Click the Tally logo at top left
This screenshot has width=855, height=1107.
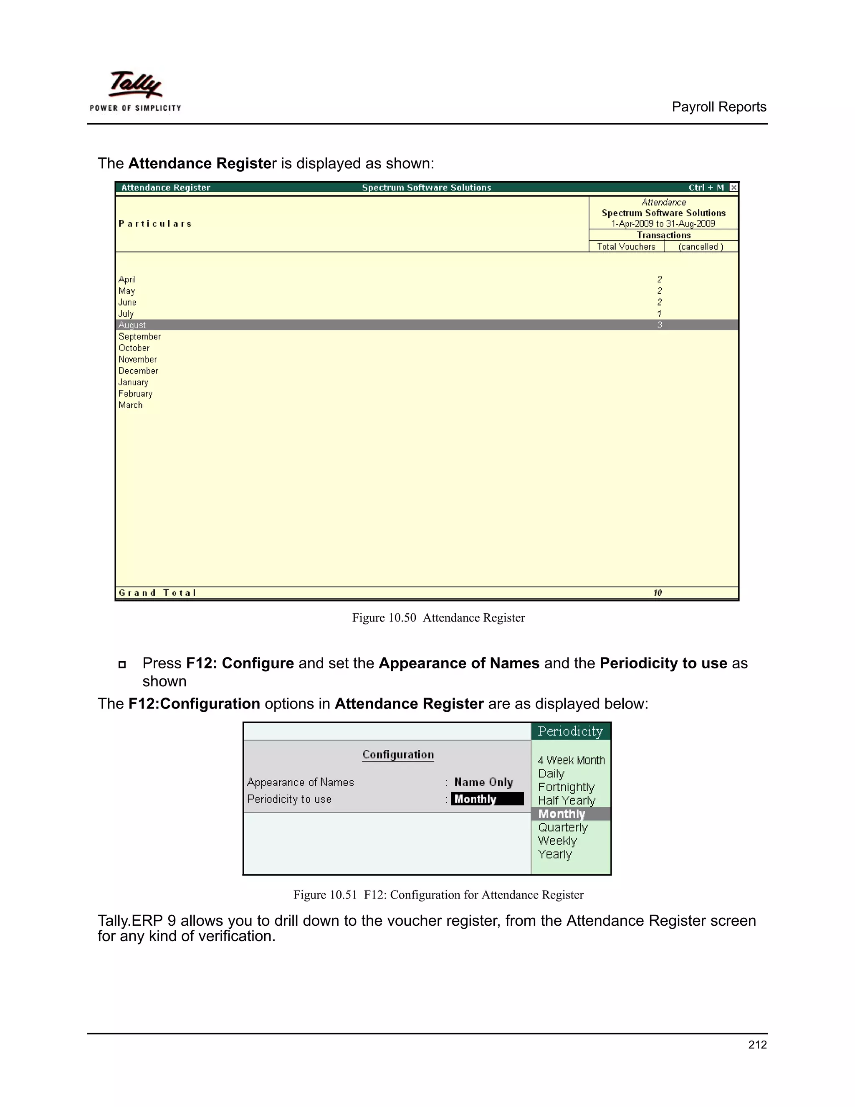click(135, 91)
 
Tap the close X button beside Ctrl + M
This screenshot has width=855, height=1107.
click(733, 188)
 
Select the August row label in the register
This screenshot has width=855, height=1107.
click(132, 325)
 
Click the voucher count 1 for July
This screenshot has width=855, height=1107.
click(659, 314)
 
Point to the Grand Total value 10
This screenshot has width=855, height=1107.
click(657, 592)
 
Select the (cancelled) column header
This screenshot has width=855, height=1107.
click(701, 246)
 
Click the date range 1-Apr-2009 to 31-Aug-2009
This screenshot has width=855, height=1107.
click(663, 223)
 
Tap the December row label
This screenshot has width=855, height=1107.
click(138, 371)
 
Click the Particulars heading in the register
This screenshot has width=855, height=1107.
click(155, 223)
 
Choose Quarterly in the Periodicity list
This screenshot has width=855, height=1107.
click(562, 827)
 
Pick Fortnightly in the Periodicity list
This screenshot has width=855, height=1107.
click(566, 787)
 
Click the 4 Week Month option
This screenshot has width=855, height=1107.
click(571, 760)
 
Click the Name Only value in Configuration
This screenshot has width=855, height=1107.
click(483, 782)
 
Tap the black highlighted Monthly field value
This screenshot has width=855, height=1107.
click(486, 799)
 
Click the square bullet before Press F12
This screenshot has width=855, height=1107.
click(122, 665)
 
